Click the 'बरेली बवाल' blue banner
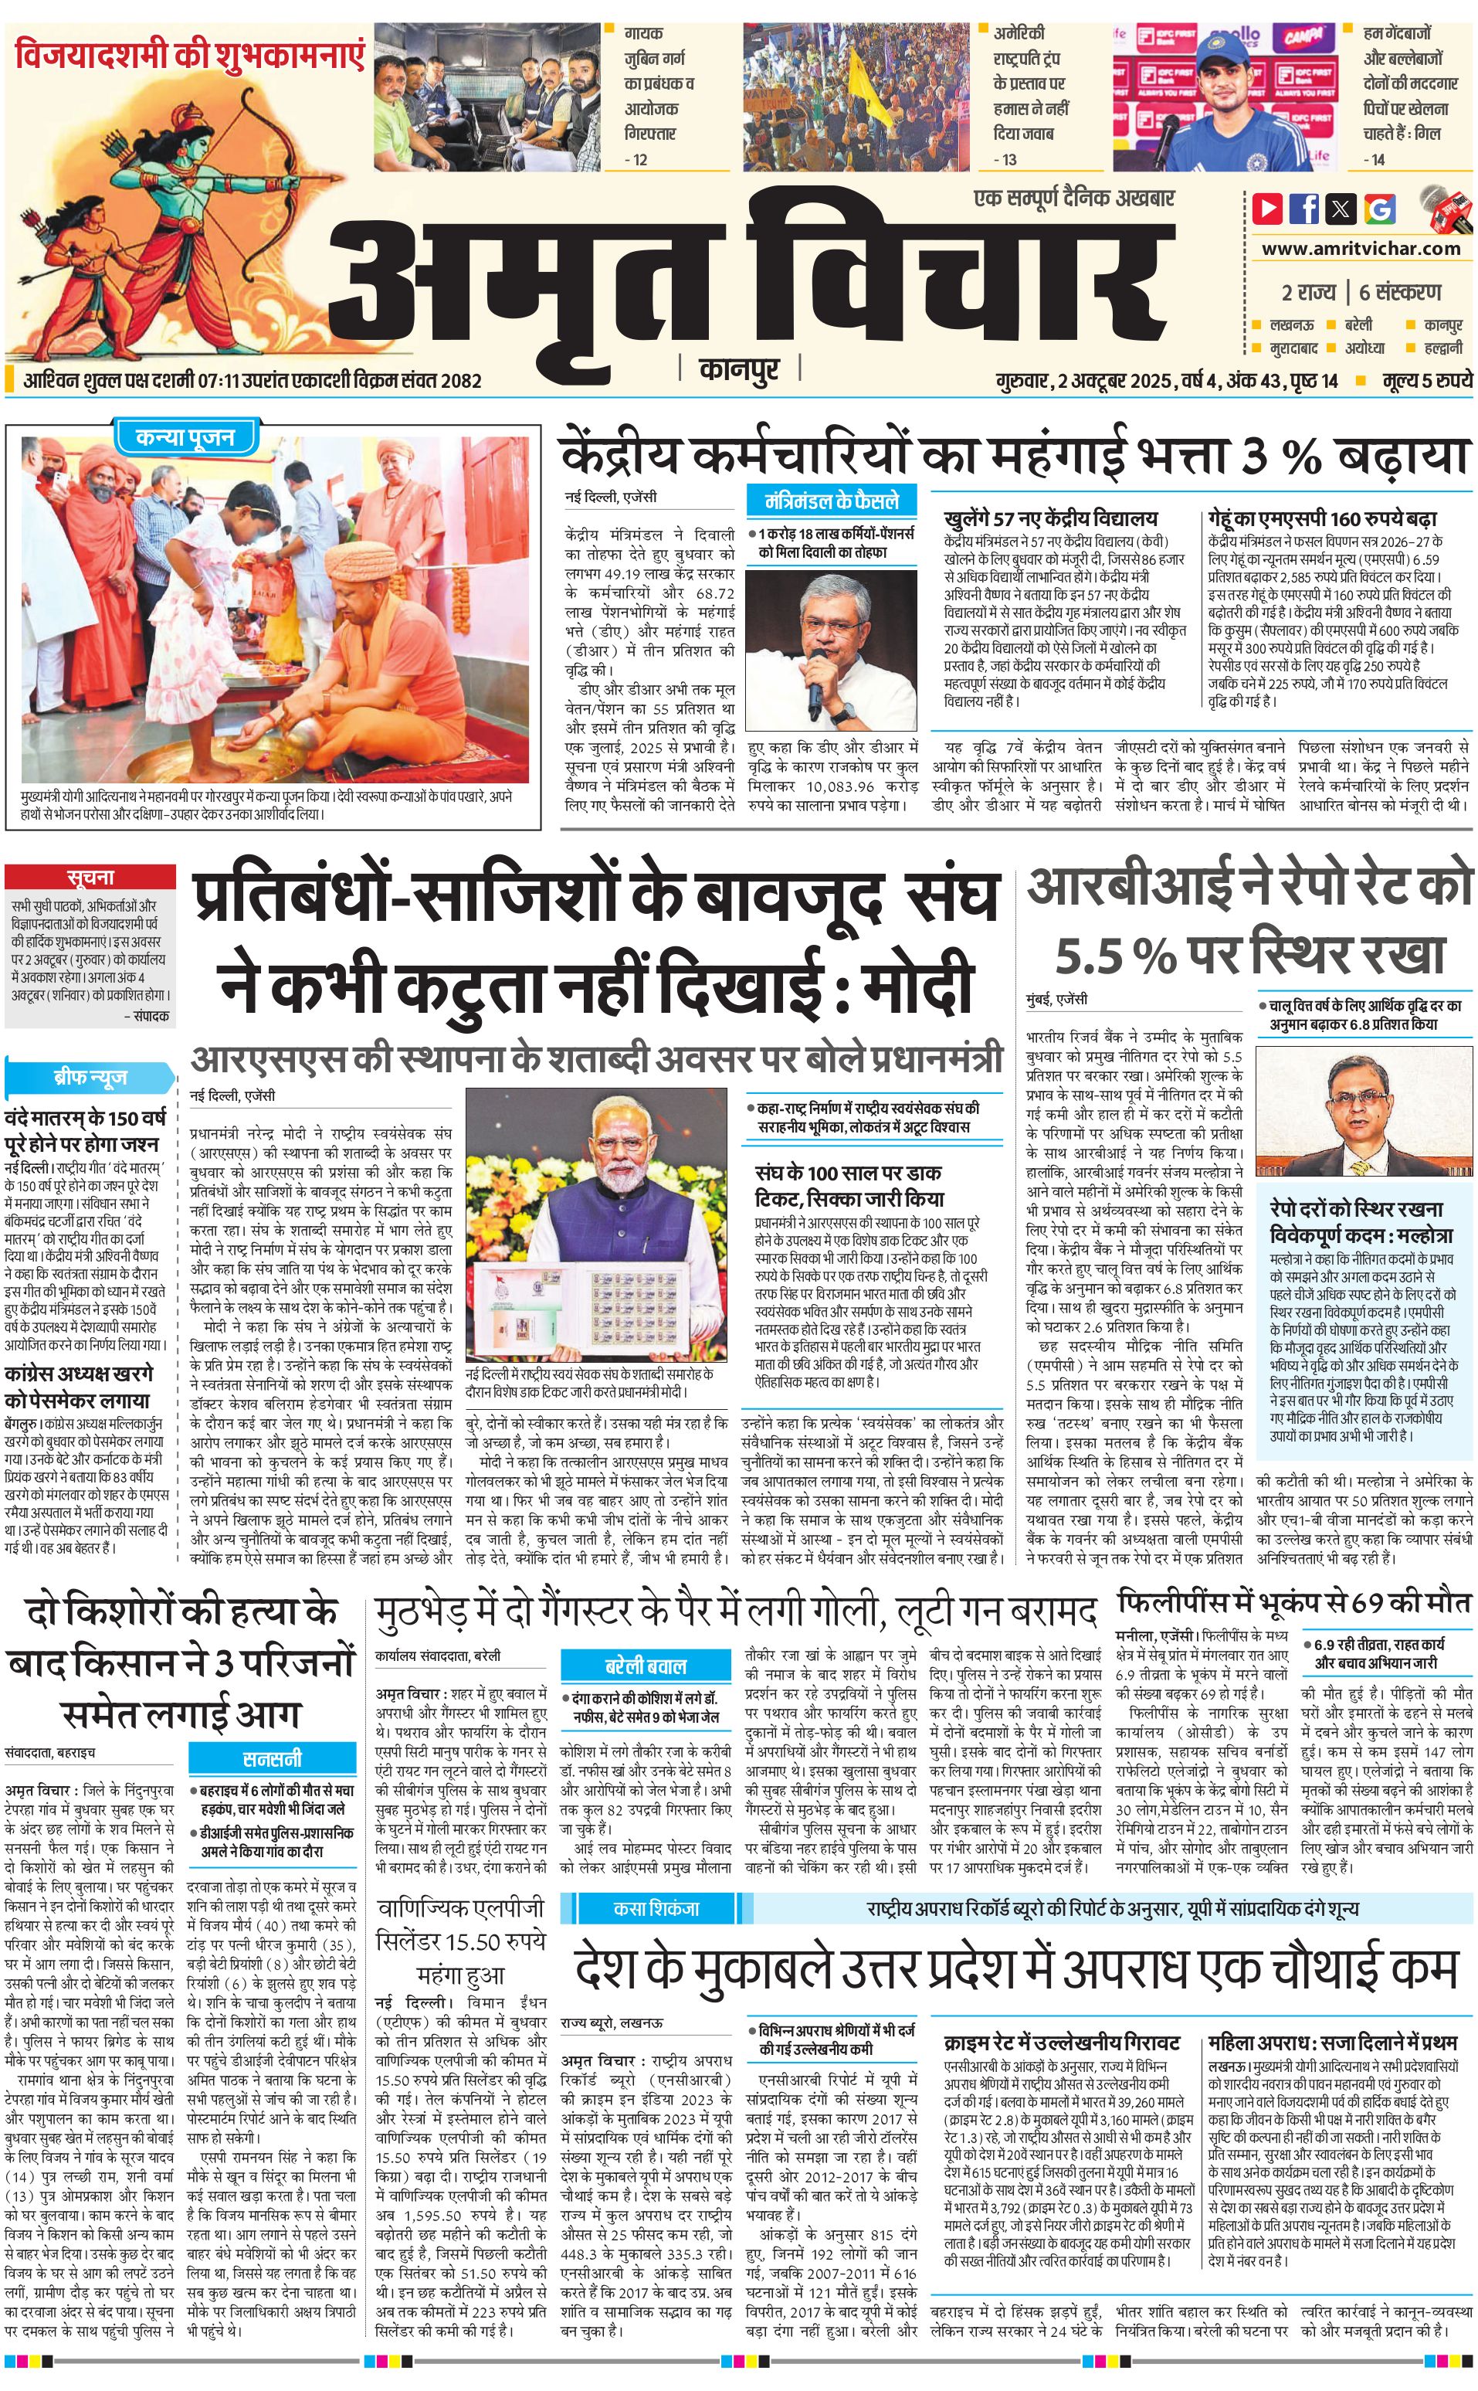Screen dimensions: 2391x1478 click(x=645, y=1666)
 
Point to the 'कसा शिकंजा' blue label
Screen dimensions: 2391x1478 click(x=656, y=1908)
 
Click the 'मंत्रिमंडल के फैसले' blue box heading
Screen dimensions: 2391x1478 click(x=831, y=501)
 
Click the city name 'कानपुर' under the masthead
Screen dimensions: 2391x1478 click(x=739, y=368)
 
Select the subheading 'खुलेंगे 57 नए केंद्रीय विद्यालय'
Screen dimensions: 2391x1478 click(x=1050, y=518)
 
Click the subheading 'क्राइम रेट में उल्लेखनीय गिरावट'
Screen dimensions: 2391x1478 click(x=1060, y=2043)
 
